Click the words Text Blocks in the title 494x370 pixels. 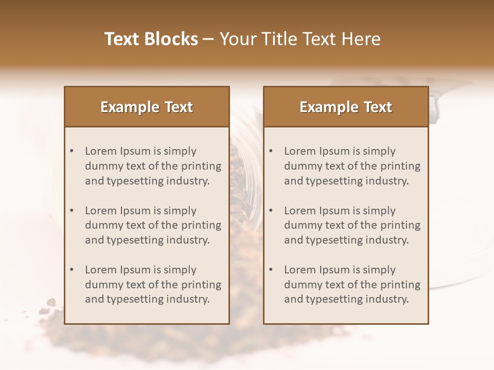pos(151,39)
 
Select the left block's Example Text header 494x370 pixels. pos(147,107)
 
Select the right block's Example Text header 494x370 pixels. pos(346,107)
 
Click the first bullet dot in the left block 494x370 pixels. pos(72,151)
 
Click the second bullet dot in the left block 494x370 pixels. pos(72,211)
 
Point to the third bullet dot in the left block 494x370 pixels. pos(72,270)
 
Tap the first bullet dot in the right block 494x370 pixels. pos(271,151)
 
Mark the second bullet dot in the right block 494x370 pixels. pos(271,211)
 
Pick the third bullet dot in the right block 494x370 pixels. pos(271,270)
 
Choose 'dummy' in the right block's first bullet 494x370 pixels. pos(302,166)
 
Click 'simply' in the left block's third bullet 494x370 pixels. pos(180,270)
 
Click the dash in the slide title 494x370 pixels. pos(208,39)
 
